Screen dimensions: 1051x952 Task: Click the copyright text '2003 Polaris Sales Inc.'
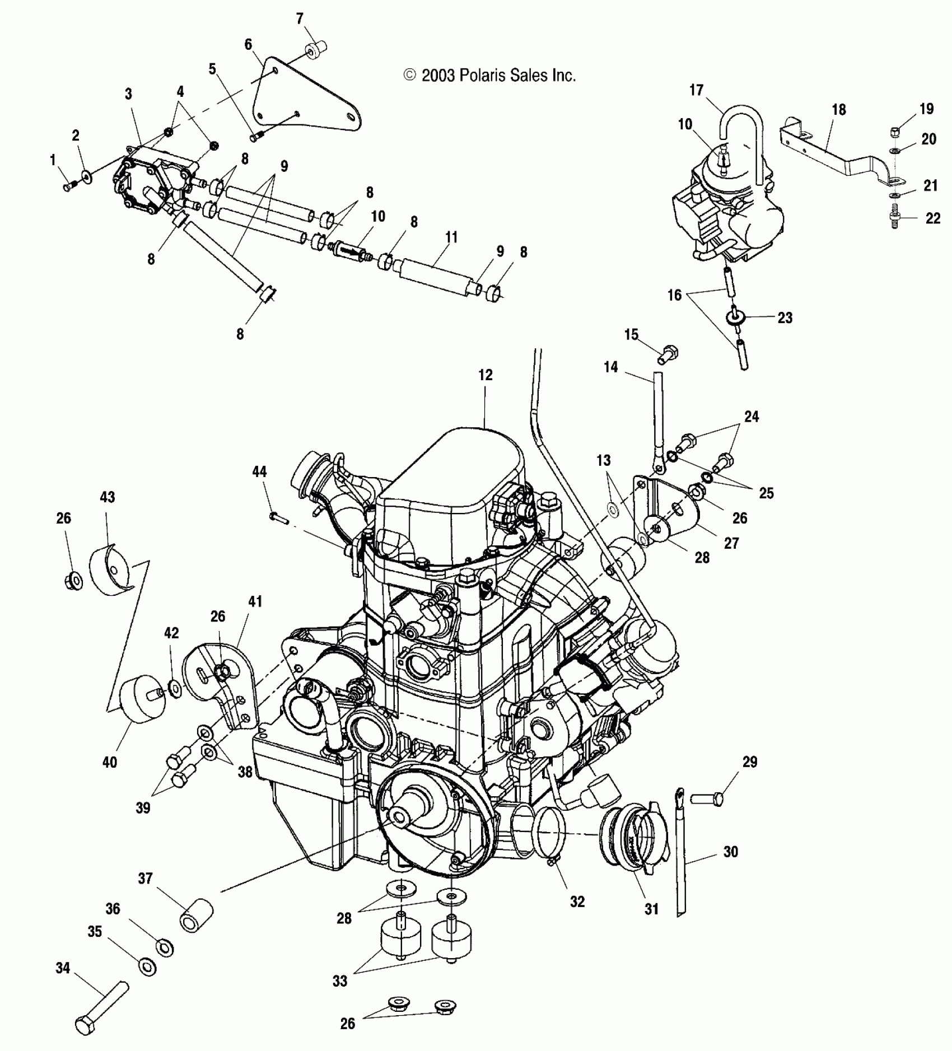(490, 76)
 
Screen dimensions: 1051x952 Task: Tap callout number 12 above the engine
(486, 375)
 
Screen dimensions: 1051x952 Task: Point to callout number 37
(145, 879)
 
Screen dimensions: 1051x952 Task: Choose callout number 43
(107, 497)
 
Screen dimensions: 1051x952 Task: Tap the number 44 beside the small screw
(259, 472)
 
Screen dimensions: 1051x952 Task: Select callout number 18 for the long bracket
(838, 110)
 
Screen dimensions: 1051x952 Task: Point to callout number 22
(932, 218)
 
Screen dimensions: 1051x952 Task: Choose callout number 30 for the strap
(731, 852)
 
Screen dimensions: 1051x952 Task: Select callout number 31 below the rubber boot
(651, 909)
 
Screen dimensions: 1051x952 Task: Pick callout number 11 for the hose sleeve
(451, 237)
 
